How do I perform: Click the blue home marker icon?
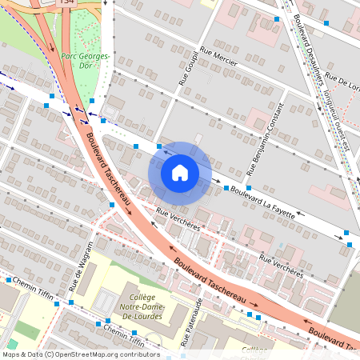[x=180, y=172]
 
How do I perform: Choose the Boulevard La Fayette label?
[x=266, y=199]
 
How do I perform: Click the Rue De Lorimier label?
[x=350, y=82]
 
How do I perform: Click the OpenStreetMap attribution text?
[x=80, y=354]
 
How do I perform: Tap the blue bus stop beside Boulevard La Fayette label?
[x=226, y=188]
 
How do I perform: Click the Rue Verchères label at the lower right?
[x=282, y=266]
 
